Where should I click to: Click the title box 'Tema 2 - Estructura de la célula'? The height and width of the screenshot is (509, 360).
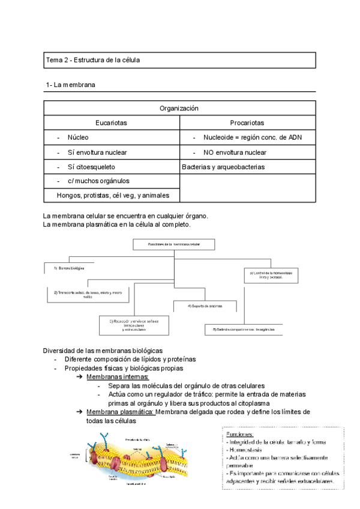point(180,61)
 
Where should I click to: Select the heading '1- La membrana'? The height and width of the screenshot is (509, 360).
point(71,85)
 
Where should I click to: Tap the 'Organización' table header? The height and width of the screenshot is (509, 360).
point(179,109)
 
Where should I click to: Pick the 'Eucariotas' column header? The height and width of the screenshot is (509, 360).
point(112,123)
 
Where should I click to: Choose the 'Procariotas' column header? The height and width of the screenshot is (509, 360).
point(247,123)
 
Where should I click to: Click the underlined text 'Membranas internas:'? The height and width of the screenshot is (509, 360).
point(113,376)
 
